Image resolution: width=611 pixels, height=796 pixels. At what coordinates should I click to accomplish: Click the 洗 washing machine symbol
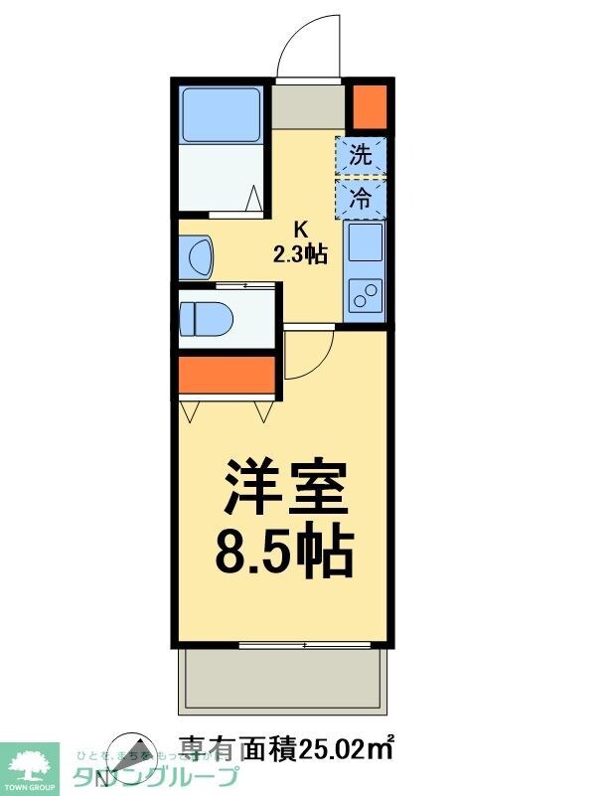point(361,154)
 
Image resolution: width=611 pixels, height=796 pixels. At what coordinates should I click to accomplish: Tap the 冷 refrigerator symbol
point(361,197)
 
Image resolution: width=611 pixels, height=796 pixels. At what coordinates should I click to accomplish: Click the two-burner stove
point(364,296)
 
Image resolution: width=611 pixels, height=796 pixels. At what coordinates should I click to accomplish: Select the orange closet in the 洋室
point(227,375)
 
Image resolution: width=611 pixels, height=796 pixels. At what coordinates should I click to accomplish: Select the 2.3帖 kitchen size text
point(300,255)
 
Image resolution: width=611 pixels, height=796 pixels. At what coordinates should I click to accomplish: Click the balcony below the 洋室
point(283,682)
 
